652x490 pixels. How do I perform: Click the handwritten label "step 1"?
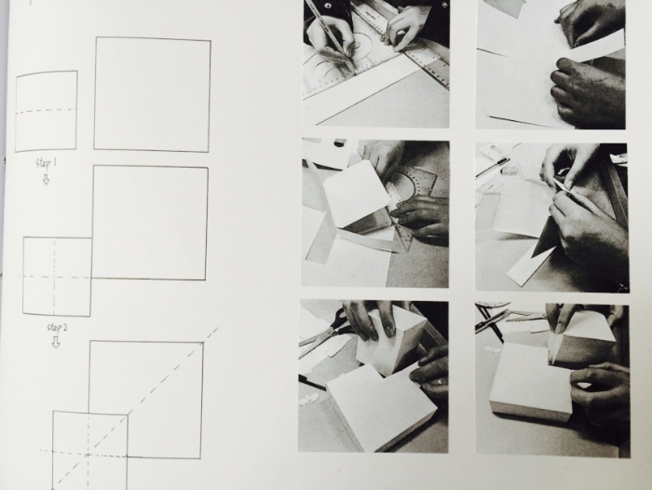[x=47, y=163]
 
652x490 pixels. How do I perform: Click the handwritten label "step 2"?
[x=57, y=328]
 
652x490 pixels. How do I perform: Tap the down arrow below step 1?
[x=47, y=179]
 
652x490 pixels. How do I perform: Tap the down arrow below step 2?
[x=56, y=342]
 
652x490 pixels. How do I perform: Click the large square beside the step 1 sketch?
[x=152, y=94]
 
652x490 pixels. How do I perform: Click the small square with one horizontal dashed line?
[x=47, y=111]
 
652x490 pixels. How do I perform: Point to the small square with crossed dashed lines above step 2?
[x=57, y=277]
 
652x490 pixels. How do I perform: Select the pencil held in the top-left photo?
[x=332, y=34]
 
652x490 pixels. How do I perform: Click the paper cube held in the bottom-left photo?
[x=391, y=339]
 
